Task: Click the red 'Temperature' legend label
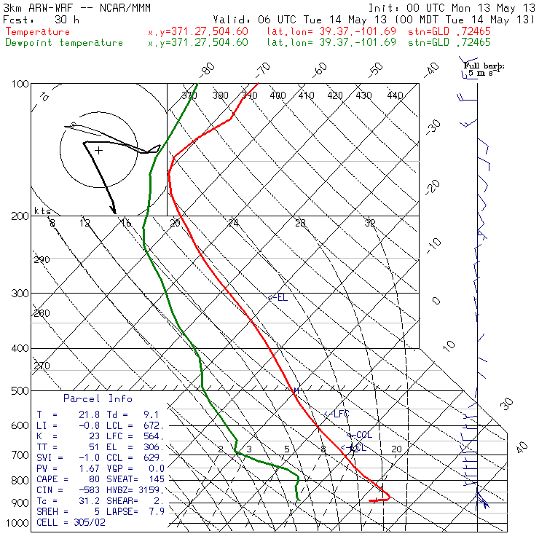click(x=38, y=32)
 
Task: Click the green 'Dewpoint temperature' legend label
click(x=64, y=42)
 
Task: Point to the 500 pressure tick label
click(x=20, y=392)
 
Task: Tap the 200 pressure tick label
click(x=20, y=216)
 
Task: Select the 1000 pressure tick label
click(x=17, y=524)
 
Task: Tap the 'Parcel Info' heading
click(x=98, y=398)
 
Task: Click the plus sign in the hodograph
click(x=98, y=151)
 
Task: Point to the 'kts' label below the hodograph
click(x=42, y=211)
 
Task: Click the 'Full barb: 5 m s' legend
click(x=484, y=69)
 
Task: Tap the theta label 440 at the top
click(x=396, y=95)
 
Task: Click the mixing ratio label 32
click(x=370, y=223)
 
